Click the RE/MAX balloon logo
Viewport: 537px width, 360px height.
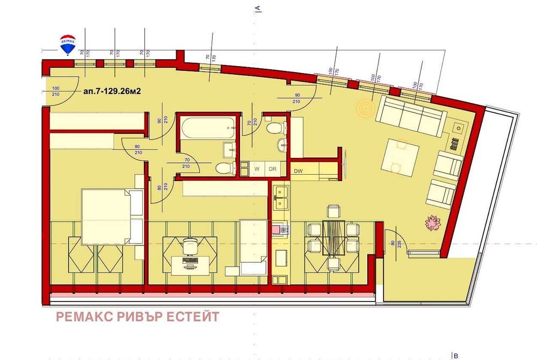coord(68,44)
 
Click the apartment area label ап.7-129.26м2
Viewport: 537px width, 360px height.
coord(112,91)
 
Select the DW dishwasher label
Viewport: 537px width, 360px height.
coord(299,171)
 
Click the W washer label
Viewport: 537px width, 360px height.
coord(257,169)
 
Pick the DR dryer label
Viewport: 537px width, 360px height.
coord(272,169)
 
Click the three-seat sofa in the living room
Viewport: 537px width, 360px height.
coord(410,115)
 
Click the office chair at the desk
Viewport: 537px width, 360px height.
coord(190,246)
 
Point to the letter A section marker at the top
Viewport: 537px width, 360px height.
coord(258,8)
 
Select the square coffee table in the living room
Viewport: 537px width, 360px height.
coord(400,157)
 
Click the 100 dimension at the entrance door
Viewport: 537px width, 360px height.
coord(55,88)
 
